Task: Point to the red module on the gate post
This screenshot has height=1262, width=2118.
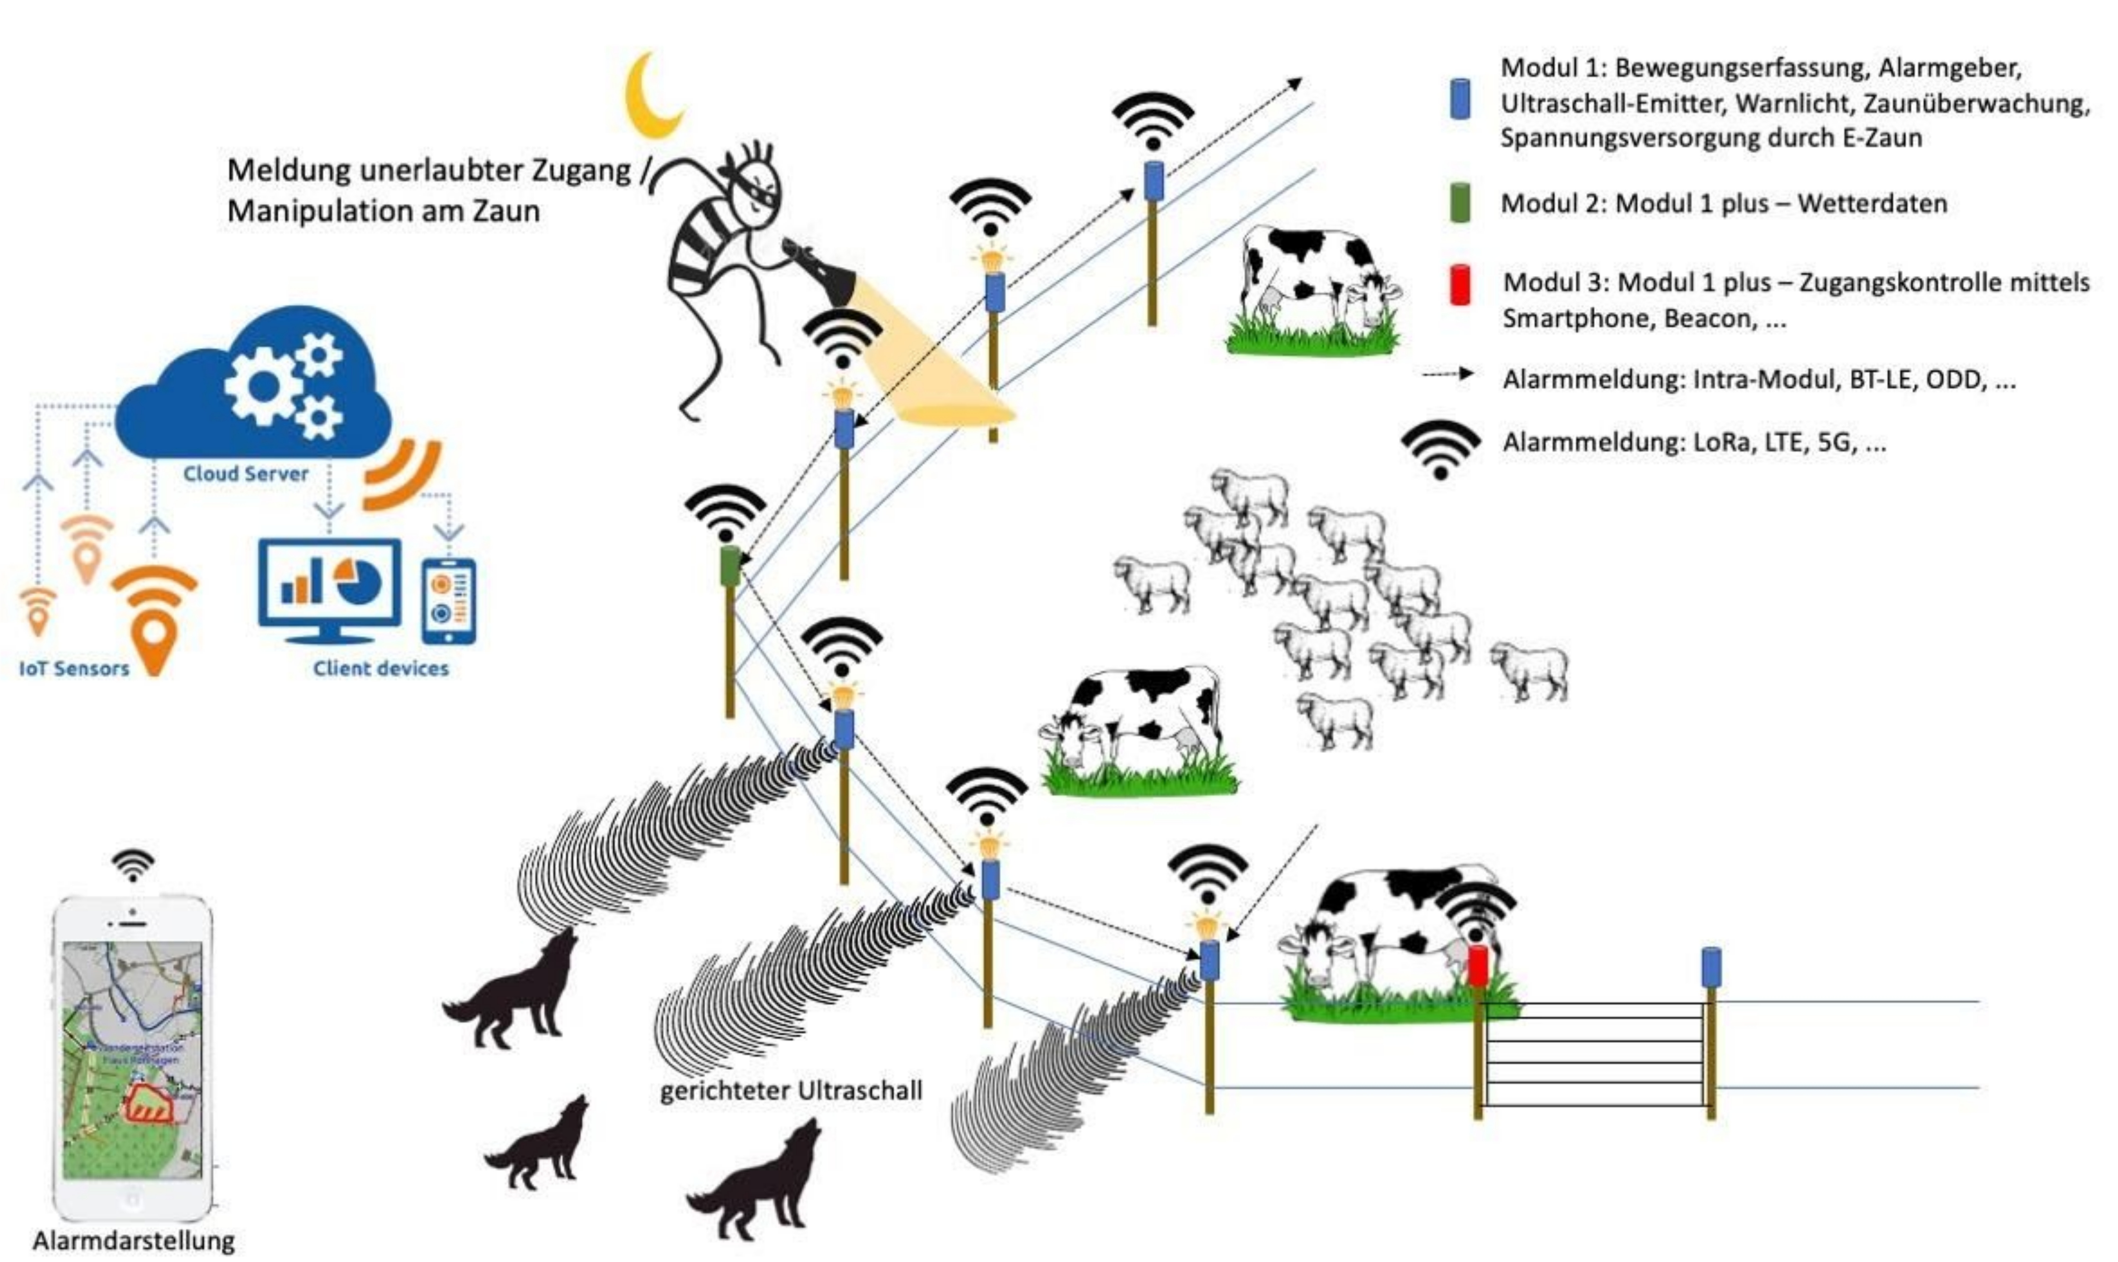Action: tap(1478, 965)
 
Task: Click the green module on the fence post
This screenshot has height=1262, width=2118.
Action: tap(729, 566)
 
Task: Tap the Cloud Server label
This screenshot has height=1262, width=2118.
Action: tap(246, 474)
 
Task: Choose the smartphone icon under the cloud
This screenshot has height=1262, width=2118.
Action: tap(448, 600)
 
